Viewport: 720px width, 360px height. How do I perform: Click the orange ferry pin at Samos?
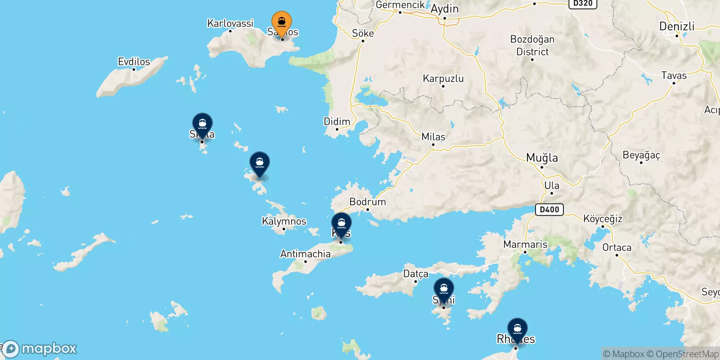point(282,22)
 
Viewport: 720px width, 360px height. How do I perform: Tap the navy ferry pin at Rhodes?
point(517,329)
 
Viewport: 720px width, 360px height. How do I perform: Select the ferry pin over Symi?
point(444,289)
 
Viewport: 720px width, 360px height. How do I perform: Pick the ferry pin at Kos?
point(342,224)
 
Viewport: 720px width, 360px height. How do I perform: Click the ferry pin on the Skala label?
point(202,124)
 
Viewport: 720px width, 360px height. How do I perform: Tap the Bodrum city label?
point(368,202)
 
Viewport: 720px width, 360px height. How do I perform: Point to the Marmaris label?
point(525,244)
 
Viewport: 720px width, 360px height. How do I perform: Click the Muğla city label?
point(542,158)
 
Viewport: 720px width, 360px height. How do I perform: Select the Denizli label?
point(677,26)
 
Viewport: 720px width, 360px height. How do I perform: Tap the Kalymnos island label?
point(284,221)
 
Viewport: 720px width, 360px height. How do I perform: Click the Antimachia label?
point(305,254)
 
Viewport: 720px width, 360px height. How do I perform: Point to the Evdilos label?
point(134,62)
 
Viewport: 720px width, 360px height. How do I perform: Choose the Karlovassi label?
point(230,23)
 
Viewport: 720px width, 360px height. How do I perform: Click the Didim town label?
point(337,121)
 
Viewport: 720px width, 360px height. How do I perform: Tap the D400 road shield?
point(549,209)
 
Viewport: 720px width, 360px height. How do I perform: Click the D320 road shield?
point(583,4)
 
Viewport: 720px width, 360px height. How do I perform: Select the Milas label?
point(433,137)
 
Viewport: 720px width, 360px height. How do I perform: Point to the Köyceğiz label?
point(603,219)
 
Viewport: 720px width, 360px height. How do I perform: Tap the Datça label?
point(416,274)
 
